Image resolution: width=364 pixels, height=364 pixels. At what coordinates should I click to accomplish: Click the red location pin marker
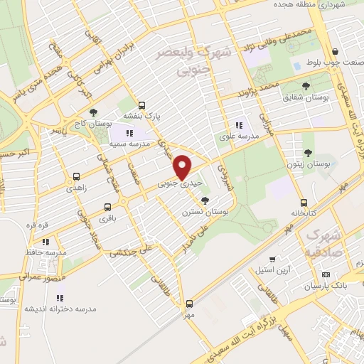183,166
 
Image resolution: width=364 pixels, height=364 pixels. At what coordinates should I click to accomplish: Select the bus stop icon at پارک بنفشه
141,105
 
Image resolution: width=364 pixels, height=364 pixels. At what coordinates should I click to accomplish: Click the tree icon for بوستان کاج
92,112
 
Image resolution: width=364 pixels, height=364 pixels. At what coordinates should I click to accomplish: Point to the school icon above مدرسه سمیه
129,133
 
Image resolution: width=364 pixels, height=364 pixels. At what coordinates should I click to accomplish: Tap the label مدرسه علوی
237,134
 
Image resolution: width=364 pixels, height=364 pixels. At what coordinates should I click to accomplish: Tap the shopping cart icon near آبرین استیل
272,260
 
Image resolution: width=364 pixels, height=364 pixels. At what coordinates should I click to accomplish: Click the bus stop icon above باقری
107,208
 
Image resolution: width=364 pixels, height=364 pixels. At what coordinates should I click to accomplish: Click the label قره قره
37,225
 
